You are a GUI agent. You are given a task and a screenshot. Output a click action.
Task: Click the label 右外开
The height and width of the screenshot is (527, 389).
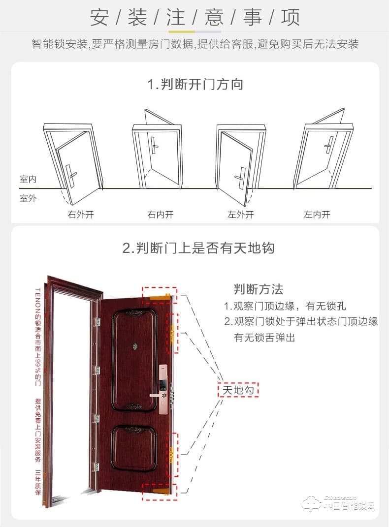click(80, 215)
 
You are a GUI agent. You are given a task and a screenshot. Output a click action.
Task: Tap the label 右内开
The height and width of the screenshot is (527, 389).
click(161, 215)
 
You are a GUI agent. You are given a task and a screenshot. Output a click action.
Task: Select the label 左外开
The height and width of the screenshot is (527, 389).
click(241, 215)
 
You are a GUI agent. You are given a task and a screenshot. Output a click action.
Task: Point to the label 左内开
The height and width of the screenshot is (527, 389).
click(317, 215)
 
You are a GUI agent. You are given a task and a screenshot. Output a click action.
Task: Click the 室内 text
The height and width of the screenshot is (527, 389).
click(28, 179)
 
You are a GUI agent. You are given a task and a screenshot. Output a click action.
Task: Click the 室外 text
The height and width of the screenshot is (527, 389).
click(28, 199)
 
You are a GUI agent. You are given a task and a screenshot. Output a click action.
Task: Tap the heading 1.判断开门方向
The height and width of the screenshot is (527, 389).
click(195, 84)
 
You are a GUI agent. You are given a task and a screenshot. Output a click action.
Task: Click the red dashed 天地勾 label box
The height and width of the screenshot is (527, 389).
click(239, 390)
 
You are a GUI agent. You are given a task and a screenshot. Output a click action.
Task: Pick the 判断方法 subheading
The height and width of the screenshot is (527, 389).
click(259, 289)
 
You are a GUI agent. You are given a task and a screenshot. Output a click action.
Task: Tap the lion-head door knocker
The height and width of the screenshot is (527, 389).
click(134, 347)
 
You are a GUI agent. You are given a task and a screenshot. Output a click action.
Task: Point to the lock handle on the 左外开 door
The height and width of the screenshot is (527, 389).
click(241, 176)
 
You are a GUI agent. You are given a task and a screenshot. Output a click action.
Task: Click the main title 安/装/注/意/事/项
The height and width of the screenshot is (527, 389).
click(195, 17)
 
